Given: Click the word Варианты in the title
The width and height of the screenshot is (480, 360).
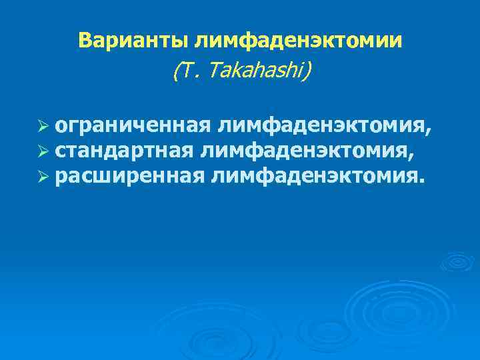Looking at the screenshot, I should [133, 41].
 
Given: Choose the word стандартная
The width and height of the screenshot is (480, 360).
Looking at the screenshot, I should [125, 151].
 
